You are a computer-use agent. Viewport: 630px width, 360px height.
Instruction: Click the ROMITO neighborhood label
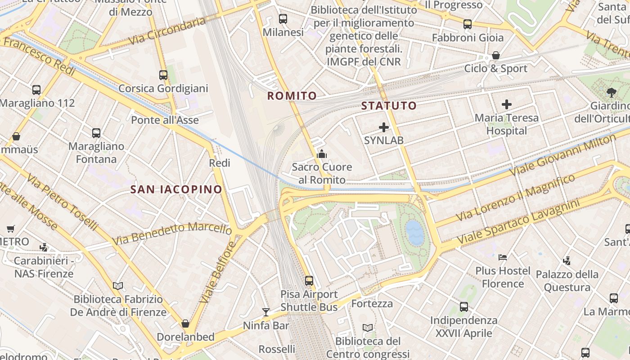292,96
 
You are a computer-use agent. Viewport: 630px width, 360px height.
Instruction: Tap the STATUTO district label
389,106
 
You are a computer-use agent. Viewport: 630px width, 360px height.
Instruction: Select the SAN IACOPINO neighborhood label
176,189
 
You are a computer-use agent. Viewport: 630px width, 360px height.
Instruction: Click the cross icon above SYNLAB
384,127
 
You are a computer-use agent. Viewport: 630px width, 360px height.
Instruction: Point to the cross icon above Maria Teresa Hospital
507,105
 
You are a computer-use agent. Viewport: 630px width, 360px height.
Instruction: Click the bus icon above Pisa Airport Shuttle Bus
309,280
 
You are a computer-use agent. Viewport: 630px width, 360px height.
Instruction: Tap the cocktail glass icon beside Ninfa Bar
266,312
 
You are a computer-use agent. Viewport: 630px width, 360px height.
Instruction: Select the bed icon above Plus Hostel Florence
503,257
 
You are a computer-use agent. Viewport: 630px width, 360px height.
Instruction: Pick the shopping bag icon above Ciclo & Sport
495,55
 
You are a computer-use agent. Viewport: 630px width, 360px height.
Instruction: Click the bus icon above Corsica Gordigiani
163,75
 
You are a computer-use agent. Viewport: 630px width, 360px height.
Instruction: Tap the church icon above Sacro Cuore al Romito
322,154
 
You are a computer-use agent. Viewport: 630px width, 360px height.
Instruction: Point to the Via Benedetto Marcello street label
172,233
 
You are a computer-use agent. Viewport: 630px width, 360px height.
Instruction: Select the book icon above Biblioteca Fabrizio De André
118,286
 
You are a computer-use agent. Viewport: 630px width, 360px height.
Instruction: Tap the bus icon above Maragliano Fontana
96,133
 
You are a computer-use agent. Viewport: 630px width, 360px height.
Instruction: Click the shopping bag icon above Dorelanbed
185,324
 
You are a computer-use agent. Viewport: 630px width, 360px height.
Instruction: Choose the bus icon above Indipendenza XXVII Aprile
464,307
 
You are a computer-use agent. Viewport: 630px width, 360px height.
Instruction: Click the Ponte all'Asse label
165,120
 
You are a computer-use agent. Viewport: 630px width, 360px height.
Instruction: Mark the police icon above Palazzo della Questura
567,261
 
